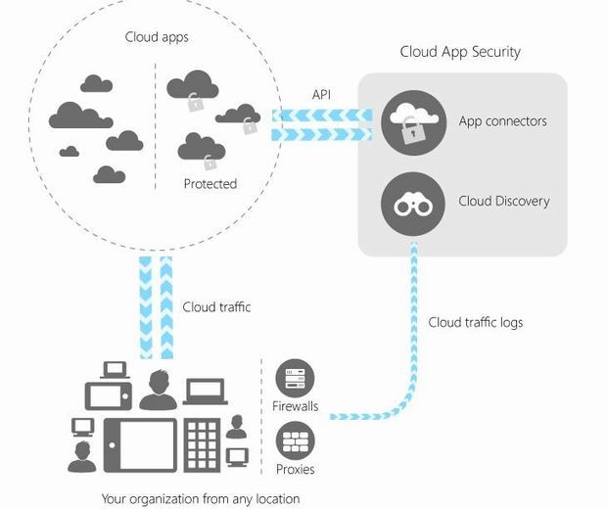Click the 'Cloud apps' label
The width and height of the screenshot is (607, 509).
[x=157, y=37]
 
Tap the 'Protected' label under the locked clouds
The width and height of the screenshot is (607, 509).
[x=210, y=183]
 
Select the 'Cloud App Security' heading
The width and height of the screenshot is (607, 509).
[x=460, y=52]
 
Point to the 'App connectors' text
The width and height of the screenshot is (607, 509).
[x=502, y=122]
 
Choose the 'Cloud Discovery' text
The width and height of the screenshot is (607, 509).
[x=503, y=202]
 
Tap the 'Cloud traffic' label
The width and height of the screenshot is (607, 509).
[x=216, y=307]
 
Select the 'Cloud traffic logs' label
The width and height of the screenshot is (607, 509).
[x=475, y=322]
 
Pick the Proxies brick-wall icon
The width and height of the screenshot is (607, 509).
[x=294, y=441]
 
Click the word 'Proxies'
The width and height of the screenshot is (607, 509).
[x=295, y=470]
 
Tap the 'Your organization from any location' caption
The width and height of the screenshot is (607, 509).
[x=201, y=498]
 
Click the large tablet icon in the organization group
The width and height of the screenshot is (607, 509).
[x=141, y=445]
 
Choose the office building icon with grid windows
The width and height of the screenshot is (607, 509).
[x=203, y=445]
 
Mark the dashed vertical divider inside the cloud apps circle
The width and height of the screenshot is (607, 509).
[x=155, y=127]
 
